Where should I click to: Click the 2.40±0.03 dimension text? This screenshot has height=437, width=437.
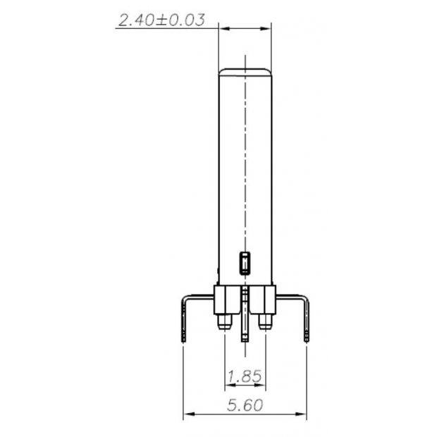pos(161,20)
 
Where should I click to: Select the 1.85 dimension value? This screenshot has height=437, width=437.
pos(244,376)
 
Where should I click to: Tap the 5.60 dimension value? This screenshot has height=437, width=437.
pos(245,405)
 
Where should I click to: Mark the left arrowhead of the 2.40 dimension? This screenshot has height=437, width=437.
pos(223,27)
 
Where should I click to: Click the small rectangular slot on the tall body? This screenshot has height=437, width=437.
pos(245,263)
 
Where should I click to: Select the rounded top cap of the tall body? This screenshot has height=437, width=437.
pos(245,71)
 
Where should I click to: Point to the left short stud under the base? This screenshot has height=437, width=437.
pos(225,322)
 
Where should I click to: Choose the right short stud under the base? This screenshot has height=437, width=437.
pos(264,322)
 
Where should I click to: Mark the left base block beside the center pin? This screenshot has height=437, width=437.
pos(227,299)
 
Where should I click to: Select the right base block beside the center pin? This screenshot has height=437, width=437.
pos(262,299)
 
